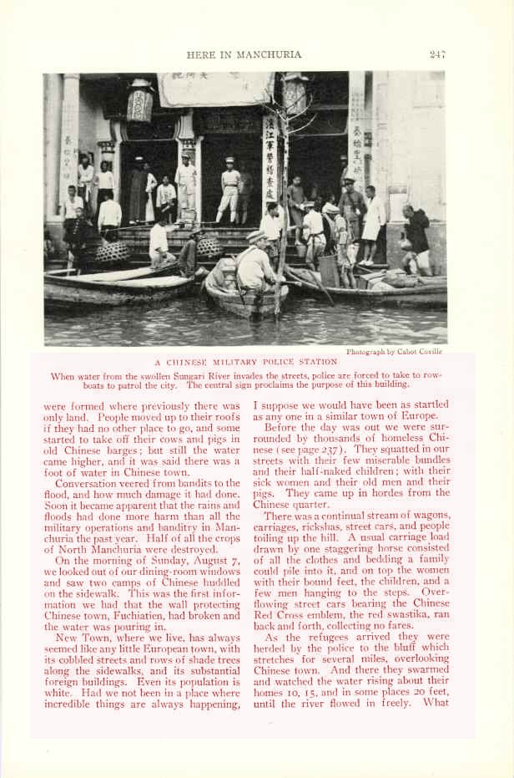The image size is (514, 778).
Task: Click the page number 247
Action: [x=437, y=54]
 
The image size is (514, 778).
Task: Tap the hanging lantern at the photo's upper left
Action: [x=139, y=101]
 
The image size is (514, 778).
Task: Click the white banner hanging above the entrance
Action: [x=215, y=89]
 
